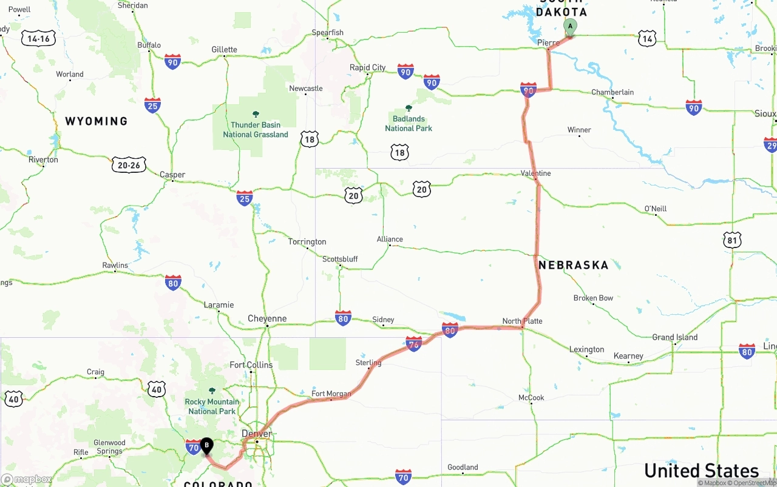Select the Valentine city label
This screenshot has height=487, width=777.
[536, 173]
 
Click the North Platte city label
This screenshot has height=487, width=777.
[522, 321]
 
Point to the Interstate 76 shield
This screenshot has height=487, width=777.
[413, 344]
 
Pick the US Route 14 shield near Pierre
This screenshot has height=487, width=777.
[647, 39]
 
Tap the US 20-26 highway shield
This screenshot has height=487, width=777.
[129, 164]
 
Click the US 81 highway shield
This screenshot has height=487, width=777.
[733, 240]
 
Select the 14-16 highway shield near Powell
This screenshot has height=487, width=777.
[39, 39]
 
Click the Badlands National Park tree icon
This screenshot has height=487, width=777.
[409, 108]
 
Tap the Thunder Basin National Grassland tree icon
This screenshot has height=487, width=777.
[256, 114]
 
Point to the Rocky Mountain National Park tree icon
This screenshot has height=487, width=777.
[212, 391]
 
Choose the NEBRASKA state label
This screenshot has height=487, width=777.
[573, 265]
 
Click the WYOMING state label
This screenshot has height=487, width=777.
[97, 121]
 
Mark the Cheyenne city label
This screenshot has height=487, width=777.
[267, 318]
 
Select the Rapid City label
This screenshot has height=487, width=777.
[367, 67]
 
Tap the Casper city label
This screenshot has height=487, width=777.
[172, 175]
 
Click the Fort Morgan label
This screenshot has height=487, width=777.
[331, 394]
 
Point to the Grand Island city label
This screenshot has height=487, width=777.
[674, 337]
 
